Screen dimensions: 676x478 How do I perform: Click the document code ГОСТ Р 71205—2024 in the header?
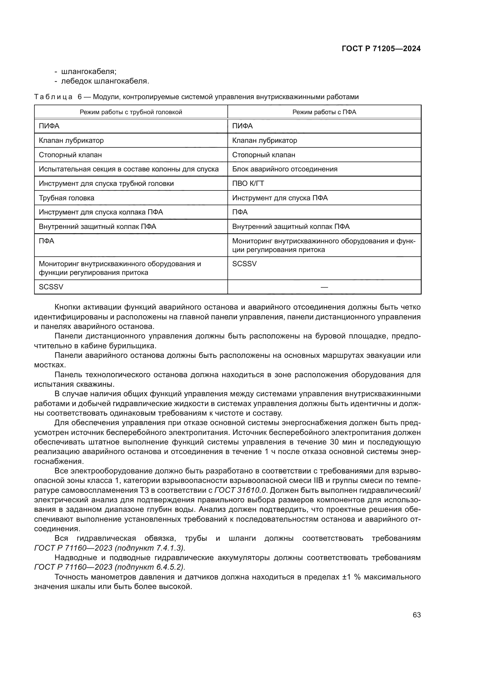pos(381,49)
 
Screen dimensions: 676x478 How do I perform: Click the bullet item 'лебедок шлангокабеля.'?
pos(105,81)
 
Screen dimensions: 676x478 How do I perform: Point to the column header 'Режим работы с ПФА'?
pos(324,112)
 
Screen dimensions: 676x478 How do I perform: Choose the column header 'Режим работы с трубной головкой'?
pos(131,112)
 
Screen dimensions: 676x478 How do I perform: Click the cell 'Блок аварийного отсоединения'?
pos(285,169)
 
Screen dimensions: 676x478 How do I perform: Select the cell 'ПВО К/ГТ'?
pos(248,184)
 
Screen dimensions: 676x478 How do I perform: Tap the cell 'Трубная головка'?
pos(66,198)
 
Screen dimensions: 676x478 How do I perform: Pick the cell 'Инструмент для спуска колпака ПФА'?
pos(101,212)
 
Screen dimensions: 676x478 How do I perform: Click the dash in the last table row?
pos(324,287)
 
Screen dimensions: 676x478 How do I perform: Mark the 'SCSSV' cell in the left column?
pos(51,287)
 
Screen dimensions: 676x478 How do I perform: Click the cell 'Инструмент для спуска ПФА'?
pos(280,198)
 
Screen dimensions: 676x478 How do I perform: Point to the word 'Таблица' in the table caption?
pos(53,97)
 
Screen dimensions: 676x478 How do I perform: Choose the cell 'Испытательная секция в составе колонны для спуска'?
pos(129,169)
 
